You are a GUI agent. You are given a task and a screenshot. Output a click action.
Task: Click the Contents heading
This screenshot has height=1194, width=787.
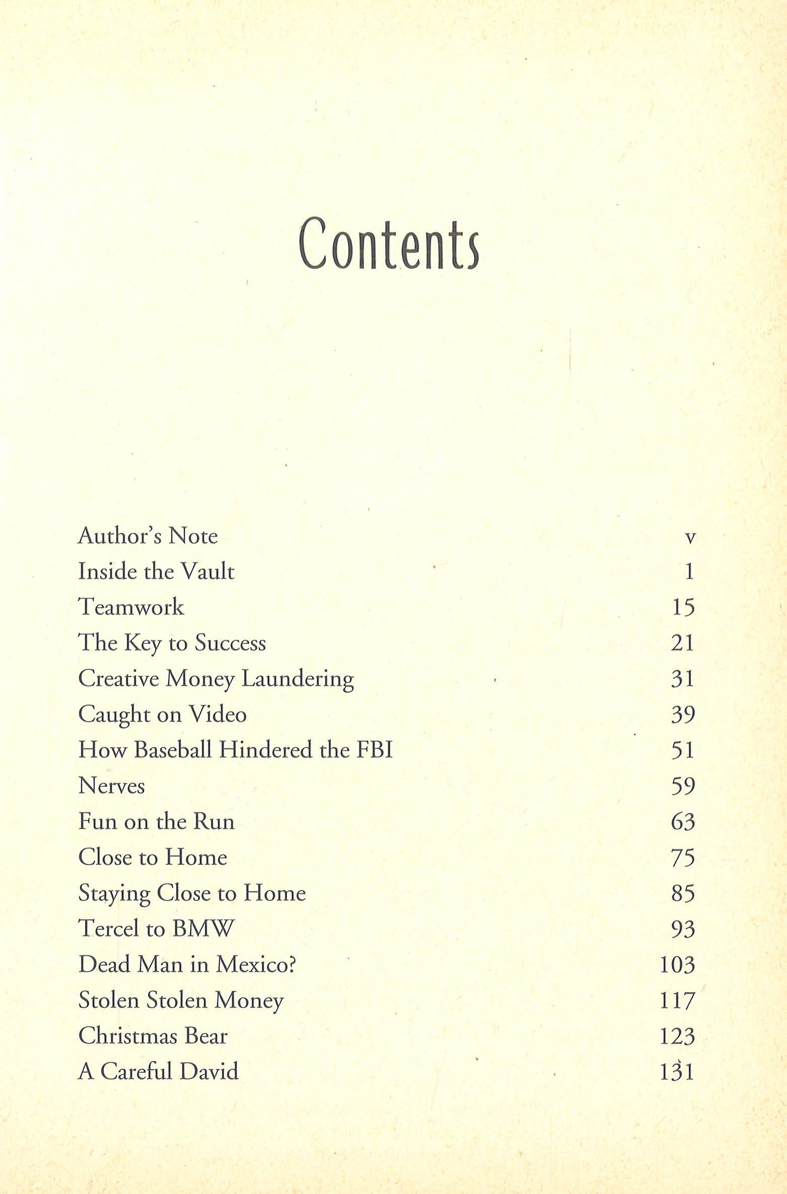coord(388,244)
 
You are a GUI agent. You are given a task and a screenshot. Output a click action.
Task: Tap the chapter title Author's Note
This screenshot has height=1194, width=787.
coord(147,536)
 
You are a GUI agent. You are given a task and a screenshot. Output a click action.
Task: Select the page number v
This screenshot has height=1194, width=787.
coord(690,537)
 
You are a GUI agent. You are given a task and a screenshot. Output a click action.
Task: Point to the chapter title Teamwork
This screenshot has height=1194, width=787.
coord(131,607)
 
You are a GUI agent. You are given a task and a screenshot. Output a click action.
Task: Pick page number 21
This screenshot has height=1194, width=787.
coord(683,643)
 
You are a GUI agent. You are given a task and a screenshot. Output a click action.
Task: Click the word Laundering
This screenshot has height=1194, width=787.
coord(297,679)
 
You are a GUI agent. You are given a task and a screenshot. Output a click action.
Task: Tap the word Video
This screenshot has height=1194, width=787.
coord(218,714)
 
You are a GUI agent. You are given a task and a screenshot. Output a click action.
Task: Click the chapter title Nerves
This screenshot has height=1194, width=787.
coord(111,786)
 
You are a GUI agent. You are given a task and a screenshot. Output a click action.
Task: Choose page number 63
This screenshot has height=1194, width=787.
coord(683,822)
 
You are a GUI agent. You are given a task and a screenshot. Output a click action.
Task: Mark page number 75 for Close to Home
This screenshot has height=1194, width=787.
coord(683,858)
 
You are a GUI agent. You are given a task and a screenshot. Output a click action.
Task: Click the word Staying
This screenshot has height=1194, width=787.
coord(114,894)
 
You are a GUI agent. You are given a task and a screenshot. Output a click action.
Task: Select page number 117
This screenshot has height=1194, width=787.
coord(677,1001)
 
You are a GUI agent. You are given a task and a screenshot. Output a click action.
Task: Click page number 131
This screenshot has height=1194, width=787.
coord(677,1072)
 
